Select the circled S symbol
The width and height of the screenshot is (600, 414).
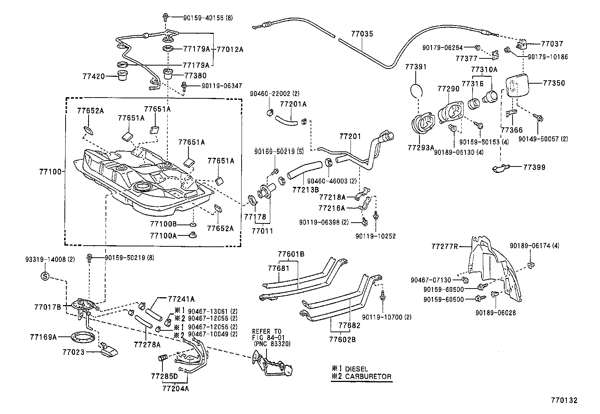coord(45,277)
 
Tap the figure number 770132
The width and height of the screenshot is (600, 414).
coord(564,401)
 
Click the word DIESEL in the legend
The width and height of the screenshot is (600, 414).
coord(356,369)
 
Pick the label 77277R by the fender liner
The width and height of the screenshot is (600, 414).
coord(445,247)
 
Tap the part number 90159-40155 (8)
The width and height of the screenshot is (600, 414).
coord(208,17)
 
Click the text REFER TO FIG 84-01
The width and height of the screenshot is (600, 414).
coord(271,337)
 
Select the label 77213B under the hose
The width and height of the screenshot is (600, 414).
coord(305,189)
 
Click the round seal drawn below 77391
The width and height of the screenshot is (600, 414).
coord(416,91)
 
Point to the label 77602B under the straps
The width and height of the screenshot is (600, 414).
coord(342,339)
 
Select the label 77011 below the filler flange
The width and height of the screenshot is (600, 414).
coord(262,231)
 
